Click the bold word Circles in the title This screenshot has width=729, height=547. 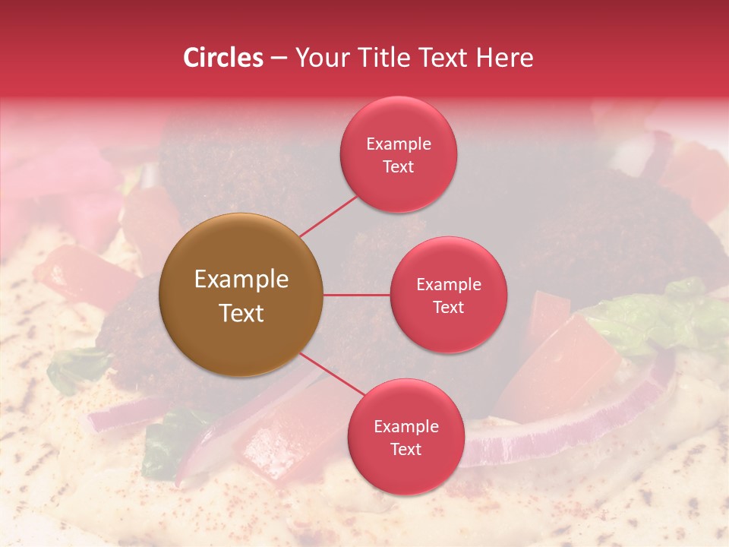coord(222,58)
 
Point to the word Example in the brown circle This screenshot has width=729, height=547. coord(241,279)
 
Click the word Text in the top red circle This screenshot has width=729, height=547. coord(399,166)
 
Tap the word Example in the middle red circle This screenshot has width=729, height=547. coord(449,284)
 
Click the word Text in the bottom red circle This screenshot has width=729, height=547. coord(406,449)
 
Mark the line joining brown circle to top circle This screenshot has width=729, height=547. coord(328,216)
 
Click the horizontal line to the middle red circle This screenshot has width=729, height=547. coord(357,295)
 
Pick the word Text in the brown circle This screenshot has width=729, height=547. coord(241,312)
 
